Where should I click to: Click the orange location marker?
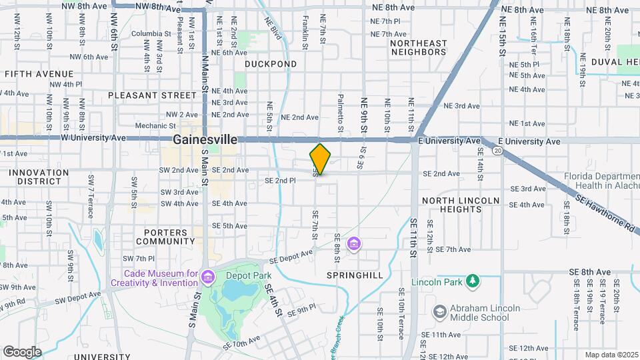coord(320,159)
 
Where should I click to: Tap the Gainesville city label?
coord(205,140)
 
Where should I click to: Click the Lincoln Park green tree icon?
coord(473,280)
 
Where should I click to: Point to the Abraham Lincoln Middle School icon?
coord(439,311)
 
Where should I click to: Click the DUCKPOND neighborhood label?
coord(270,64)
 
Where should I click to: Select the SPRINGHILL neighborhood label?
coord(355,275)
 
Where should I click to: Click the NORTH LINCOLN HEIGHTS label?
coord(461,205)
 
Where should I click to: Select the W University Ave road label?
coord(93,138)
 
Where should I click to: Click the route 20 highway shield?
coord(497,151)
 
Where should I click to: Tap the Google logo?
coord(22,351)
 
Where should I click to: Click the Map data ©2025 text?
coord(611,355)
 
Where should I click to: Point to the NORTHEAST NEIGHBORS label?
coord(419,47)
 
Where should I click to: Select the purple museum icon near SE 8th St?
coord(354,243)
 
